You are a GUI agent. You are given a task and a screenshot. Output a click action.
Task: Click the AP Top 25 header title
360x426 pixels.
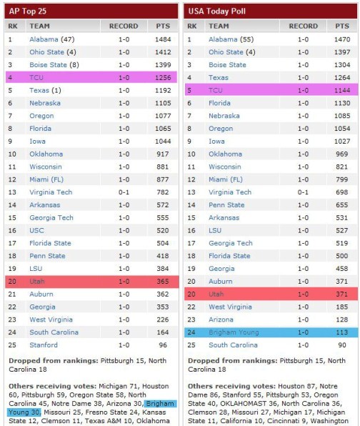[29, 10]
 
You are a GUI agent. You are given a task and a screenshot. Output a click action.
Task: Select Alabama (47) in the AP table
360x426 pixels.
[52, 39]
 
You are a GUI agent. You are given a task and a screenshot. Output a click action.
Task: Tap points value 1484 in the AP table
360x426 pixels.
[161, 39]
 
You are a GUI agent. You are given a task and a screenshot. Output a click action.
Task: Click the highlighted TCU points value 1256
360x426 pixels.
[161, 78]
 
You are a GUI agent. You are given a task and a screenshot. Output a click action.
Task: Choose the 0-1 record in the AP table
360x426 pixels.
[124, 192]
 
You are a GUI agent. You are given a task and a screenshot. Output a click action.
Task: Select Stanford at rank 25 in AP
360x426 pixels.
[44, 345]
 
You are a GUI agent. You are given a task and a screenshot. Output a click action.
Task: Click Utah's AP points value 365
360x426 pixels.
[163, 282]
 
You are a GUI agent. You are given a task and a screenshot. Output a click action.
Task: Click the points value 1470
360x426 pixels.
[342, 39]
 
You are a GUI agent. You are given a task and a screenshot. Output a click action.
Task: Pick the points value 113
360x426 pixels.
[344, 332]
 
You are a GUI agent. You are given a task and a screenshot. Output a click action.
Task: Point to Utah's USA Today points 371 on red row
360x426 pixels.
[344, 294]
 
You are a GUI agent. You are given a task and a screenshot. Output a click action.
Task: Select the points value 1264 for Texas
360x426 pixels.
[342, 78]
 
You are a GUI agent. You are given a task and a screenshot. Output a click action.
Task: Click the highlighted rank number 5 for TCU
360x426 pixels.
[190, 91]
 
